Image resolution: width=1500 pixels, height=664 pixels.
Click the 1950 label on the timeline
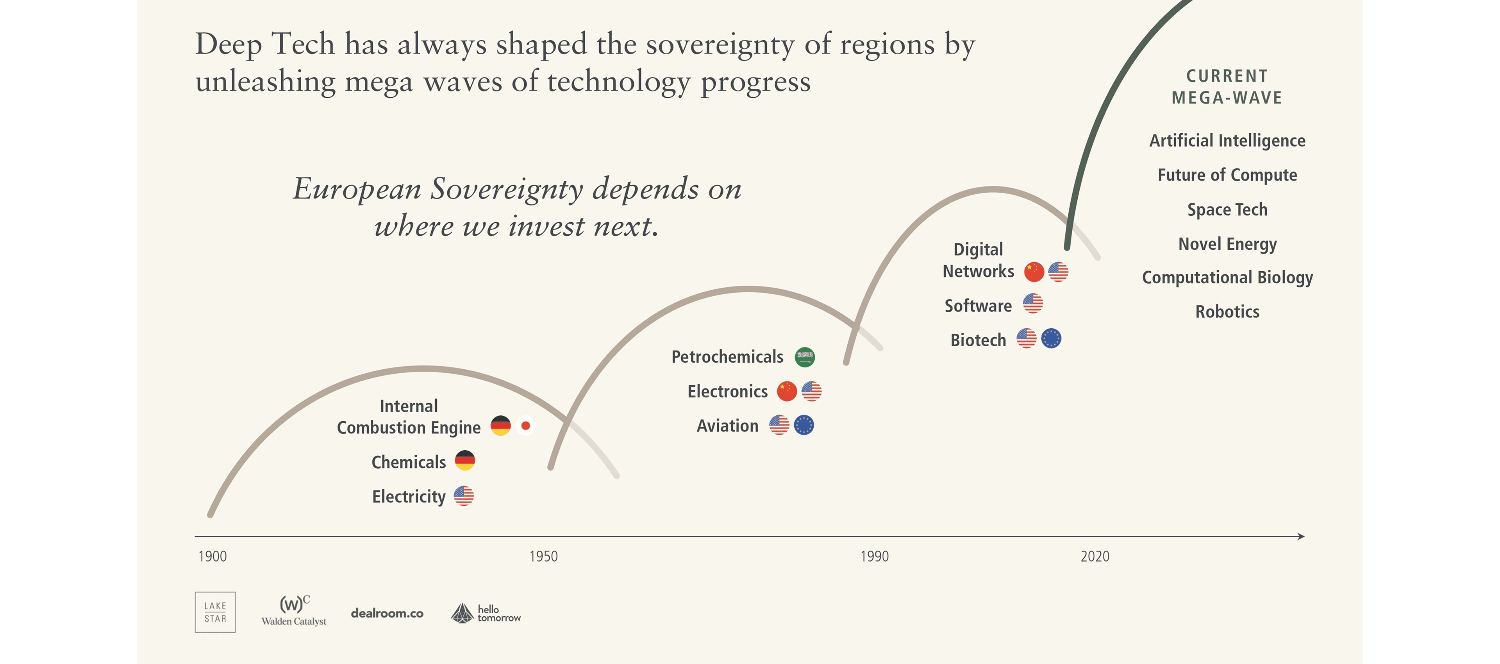(543, 556)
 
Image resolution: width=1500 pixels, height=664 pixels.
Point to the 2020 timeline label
(1095, 556)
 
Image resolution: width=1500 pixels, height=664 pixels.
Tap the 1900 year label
(212, 556)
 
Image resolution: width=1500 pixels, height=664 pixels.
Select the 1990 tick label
(875, 556)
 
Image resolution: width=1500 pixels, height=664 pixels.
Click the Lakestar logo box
(215, 612)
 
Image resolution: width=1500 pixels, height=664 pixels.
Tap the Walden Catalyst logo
(294, 611)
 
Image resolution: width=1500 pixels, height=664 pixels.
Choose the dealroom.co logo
(387, 613)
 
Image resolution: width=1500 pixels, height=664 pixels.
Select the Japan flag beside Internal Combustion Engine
(525, 426)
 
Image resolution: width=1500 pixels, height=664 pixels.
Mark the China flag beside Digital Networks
(1034, 272)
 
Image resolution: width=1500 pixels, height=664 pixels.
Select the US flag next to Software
(1033, 303)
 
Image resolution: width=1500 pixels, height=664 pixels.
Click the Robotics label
(1227, 311)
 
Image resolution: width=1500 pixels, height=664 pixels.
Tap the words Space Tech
(1227, 210)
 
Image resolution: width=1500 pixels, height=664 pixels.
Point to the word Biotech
(978, 340)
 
